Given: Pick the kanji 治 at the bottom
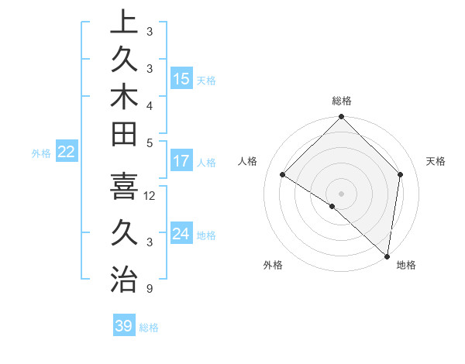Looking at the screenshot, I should click(x=123, y=278).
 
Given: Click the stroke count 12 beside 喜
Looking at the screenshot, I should click(x=150, y=196).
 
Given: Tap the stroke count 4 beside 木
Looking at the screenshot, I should click(x=149, y=105).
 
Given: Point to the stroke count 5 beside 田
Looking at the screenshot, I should click(x=149, y=143).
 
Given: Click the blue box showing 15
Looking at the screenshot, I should click(x=181, y=79).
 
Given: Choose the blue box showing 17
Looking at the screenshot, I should click(x=181, y=162).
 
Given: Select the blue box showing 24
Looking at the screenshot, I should click(x=181, y=234).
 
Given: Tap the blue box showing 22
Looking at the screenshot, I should click(x=67, y=152).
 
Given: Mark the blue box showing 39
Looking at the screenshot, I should click(x=124, y=326).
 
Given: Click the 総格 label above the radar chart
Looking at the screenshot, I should click(x=342, y=101).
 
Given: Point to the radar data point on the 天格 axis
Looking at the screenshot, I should click(x=401, y=174).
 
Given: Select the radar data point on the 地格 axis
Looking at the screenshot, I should click(x=387, y=256).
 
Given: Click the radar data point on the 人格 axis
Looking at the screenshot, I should click(x=283, y=174).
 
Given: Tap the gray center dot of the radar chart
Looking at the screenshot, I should click(x=342, y=193).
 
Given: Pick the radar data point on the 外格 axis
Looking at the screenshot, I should click(x=332, y=206).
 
